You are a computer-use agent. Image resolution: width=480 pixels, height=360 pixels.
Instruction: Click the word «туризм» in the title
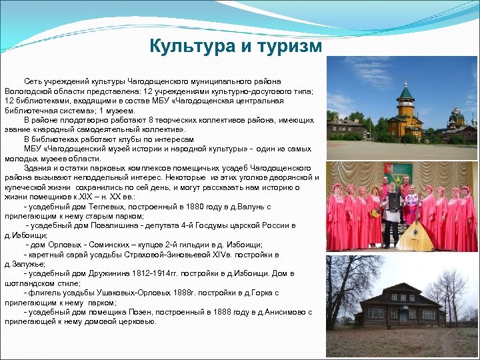285,46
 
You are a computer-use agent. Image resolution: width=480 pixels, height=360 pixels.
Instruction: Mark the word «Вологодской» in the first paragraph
30,91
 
